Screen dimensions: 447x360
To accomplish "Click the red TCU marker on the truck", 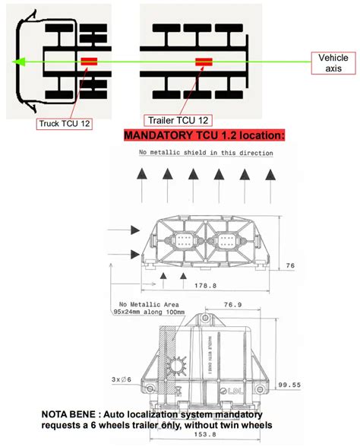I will (90, 62).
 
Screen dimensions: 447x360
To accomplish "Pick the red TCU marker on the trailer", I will (205, 62).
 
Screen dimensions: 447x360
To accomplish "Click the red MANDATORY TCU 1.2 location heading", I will (204, 135).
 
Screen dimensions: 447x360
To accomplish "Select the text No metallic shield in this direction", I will (206, 154).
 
